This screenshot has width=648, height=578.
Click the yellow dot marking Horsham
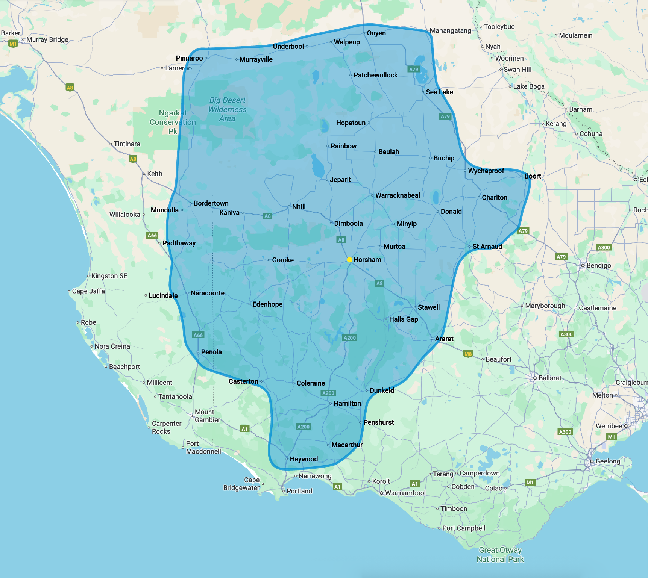coord(349,260)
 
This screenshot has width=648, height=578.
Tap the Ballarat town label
coord(549,378)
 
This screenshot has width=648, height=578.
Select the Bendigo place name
coord(598,266)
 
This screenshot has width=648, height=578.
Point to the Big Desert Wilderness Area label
coord(228,109)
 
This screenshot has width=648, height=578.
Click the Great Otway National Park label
coord(500,555)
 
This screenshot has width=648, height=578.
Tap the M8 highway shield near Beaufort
coord(468,354)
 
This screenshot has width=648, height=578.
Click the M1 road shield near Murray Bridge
coord(13,44)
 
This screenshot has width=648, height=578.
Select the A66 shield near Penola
coord(198,335)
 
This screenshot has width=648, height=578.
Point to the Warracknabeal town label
coord(398,195)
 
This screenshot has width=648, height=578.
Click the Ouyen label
coord(376,33)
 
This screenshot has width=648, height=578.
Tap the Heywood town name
coord(304,459)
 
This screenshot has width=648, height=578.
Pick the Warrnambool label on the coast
coord(405,493)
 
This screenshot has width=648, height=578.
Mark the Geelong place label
coord(607,461)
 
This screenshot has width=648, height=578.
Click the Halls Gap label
coord(403,319)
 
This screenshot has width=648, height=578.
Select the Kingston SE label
coord(109,276)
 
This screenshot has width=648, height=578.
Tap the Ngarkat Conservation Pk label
coord(173,122)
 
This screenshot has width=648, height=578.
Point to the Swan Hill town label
coord(517,70)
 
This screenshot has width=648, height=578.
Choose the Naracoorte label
coord(207,293)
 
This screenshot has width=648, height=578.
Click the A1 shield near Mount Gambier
coord(245,429)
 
